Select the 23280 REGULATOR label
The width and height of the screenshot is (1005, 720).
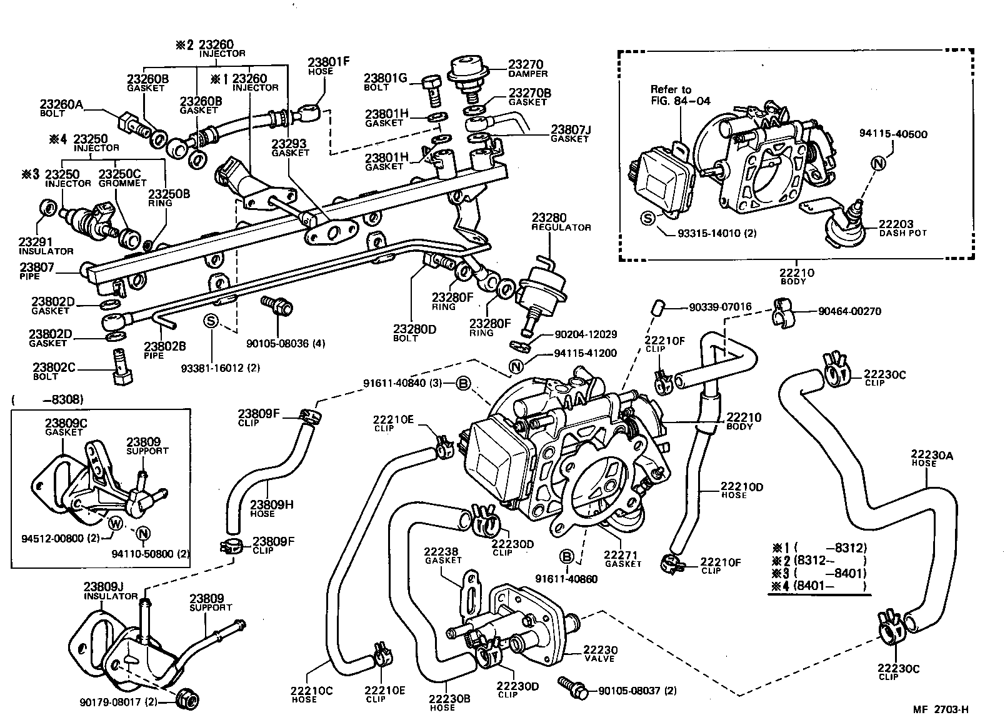(561, 222)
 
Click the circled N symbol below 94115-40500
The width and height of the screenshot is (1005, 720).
(878, 164)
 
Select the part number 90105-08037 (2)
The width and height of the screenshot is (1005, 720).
(637, 691)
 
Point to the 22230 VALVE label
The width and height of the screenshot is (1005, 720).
(599, 653)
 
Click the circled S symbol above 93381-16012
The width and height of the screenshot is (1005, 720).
(211, 321)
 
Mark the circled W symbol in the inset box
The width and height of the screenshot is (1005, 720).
(116, 523)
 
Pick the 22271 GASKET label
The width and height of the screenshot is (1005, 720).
(622, 558)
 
